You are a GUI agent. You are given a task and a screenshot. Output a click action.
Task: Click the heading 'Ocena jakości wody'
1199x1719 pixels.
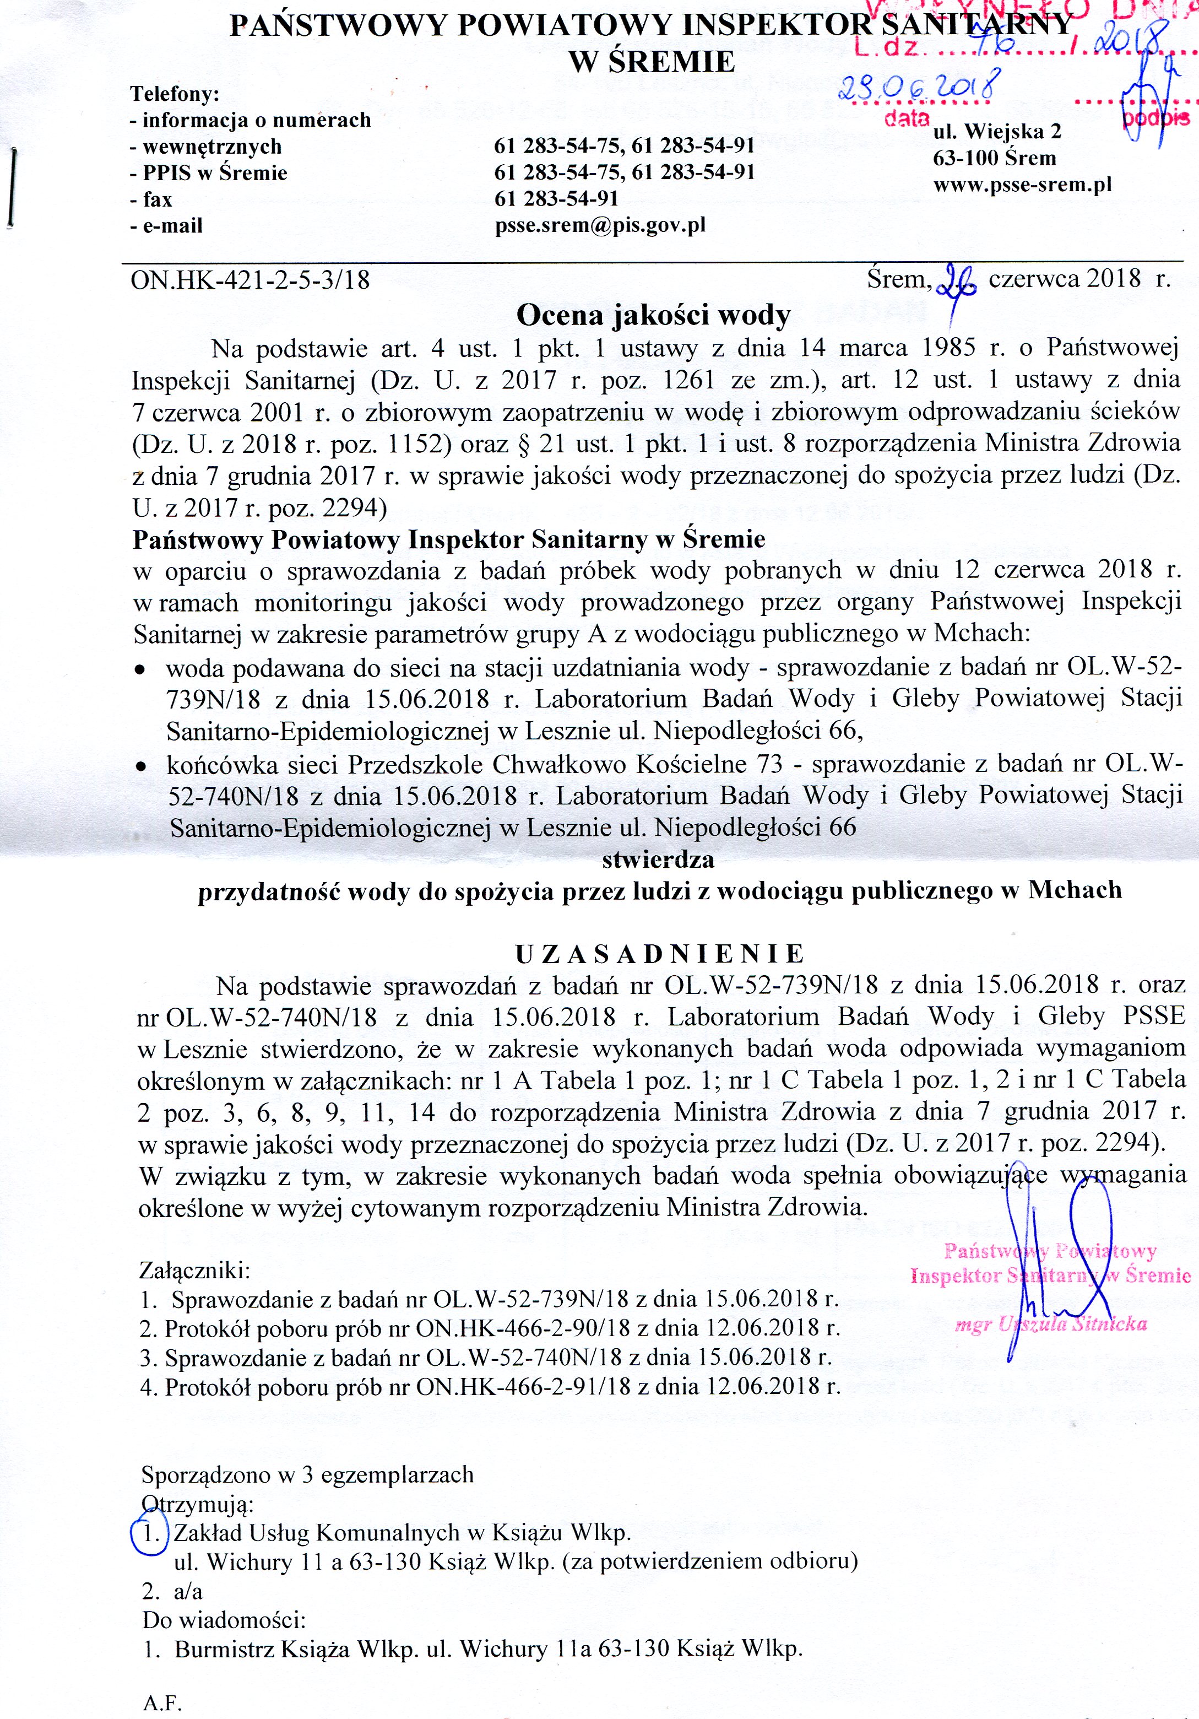pyautogui.click(x=653, y=315)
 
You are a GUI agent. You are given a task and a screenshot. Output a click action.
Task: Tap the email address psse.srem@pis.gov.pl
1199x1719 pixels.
pyautogui.click(x=600, y=225)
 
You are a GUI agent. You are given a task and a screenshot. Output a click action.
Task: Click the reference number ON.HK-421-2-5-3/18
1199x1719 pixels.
pyautogui.click(x=250, y=280)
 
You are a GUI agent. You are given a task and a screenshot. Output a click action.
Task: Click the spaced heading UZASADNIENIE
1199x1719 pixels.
pyautogui.click(x=659, y=953)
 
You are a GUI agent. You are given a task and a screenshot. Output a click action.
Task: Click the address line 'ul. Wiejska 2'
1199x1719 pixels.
pyautogui.click(x=997, y=132)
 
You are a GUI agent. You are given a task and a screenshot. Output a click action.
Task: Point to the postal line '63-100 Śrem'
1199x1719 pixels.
pyautogui.click(x=994, y=158)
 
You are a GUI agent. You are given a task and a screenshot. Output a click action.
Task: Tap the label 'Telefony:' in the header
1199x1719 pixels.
pyautogui.click(x=175, y=94)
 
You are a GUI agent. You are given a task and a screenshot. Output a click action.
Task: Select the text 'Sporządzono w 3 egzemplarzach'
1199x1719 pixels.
pyautogui.click(x=308, y=1474)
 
